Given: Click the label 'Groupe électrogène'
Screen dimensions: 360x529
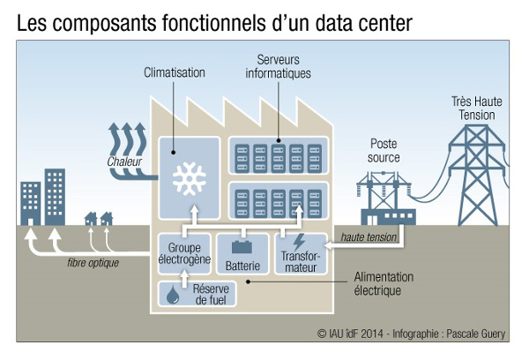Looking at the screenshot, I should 184,254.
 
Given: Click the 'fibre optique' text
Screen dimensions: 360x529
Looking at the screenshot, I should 93,263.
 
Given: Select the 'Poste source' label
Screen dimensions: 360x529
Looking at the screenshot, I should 384,150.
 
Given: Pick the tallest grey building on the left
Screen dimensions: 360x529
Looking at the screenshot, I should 55,196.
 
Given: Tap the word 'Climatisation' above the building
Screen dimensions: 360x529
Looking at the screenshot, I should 175,73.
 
